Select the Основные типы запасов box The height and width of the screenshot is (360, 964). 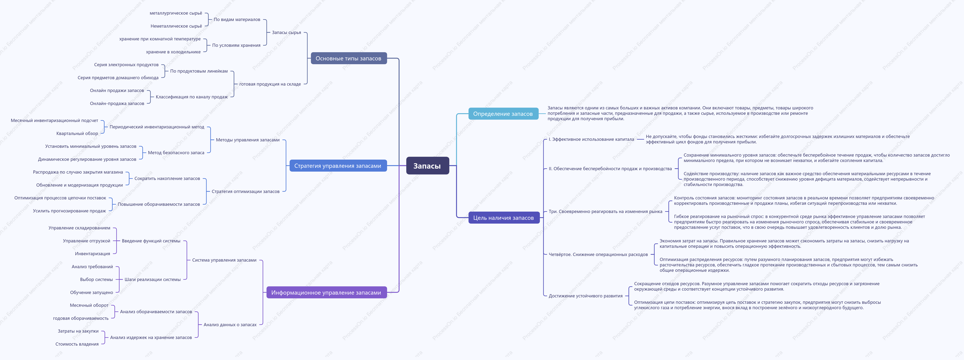tap(348, 58)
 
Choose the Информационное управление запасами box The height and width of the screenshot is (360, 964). tap(326, 293)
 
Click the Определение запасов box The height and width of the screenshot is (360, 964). tap(503, 114)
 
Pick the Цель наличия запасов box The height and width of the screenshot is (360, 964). tap(504, 218)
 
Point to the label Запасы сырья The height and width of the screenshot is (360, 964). tap(286, 33)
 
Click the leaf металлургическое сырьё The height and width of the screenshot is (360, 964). tap(176, 13)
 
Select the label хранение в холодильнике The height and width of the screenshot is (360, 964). tap(173, 52)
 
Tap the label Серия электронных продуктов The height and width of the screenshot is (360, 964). tap(126, 65)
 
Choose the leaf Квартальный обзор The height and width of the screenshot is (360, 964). tap(77, 134)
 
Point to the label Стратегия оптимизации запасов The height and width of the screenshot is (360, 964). tap(245, 192)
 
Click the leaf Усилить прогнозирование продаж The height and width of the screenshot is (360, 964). tap(70, 211)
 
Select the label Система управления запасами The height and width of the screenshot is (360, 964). tap(224, 260)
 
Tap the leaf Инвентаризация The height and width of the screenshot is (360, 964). tap(92, 254)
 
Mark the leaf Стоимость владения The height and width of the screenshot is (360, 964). tap(77, 344)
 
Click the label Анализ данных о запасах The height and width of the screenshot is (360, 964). tap(230, 325)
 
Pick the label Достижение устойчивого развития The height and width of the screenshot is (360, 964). tap(586, 296)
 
